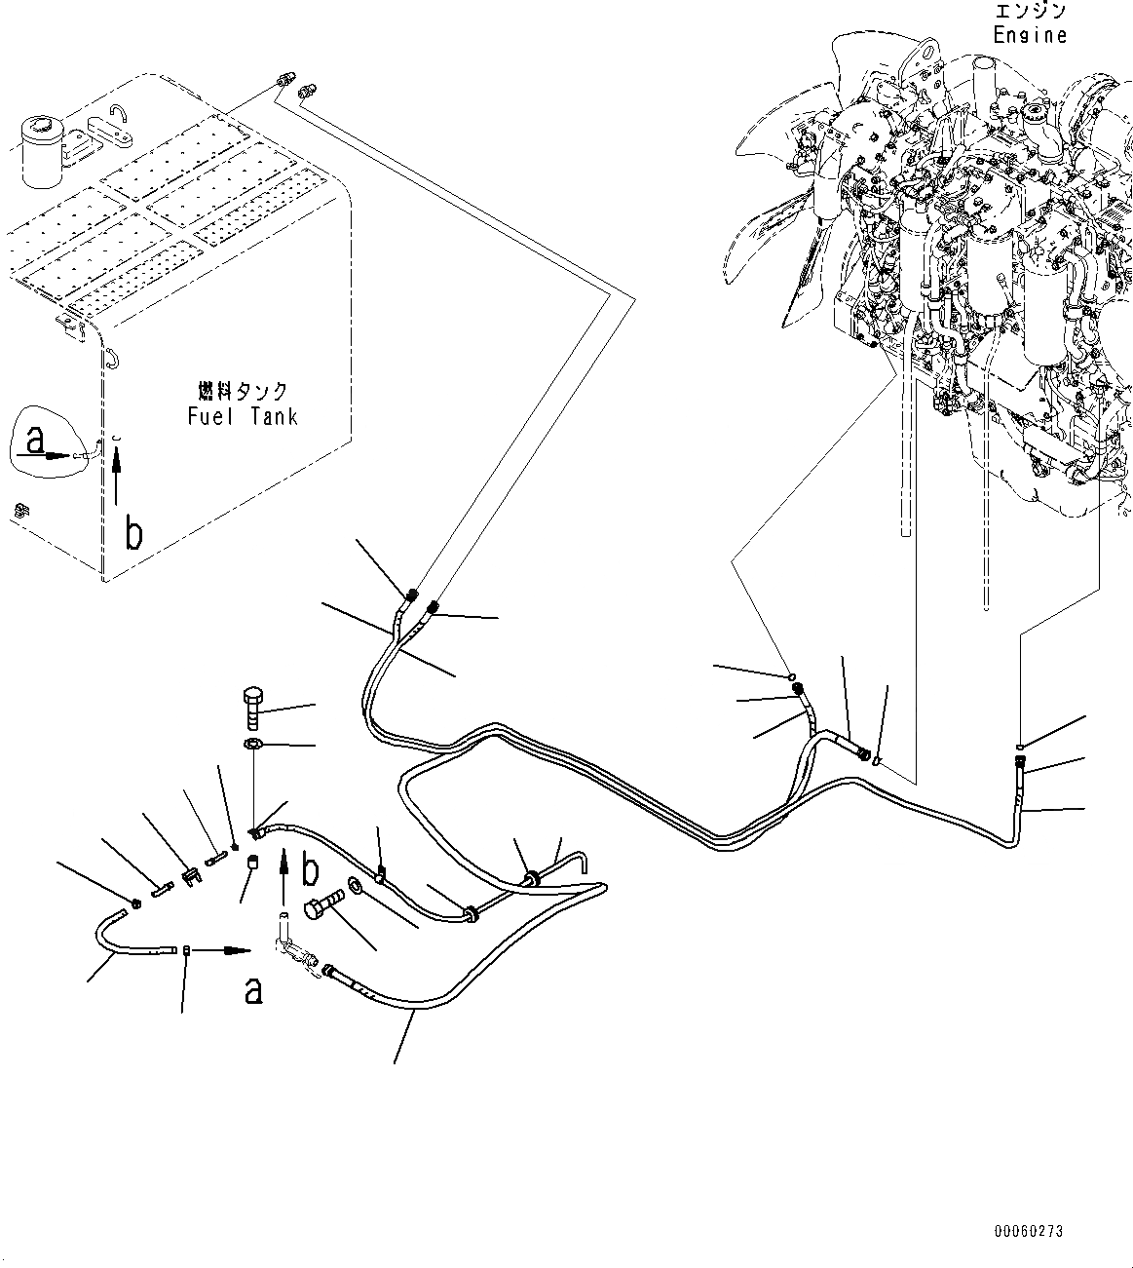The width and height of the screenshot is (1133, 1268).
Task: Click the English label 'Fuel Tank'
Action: coord(242,417)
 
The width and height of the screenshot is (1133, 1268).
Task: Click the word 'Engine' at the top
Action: coord(1030,35)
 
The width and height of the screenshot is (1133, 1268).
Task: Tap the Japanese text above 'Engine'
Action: coord(1031,12)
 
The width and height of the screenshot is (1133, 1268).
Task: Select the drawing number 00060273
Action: coord(1028,1232)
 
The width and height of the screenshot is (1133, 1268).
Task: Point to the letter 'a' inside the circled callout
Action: coord(36,442)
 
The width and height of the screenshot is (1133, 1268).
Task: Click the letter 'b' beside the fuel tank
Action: coord(134,534)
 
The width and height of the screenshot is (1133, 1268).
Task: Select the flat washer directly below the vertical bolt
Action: coord(252,747)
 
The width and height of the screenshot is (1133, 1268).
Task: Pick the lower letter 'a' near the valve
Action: coord(253,990)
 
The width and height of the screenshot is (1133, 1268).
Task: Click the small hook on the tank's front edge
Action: coord(111,359)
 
